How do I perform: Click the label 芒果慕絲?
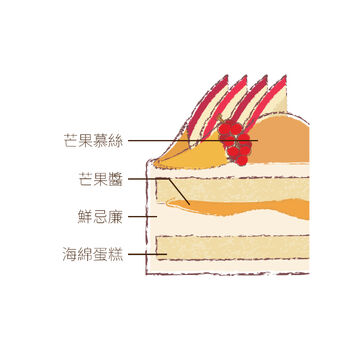point(93,141)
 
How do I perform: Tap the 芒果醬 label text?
point(100,179)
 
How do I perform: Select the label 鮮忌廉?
point(100,217)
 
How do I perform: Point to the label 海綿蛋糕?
point(93,255)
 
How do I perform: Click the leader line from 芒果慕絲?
point(193,141)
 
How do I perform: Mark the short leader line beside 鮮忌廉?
point(143,217)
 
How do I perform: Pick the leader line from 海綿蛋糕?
point(147,254)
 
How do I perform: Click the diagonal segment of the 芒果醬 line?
point(179,192)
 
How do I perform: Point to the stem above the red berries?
point(220,119)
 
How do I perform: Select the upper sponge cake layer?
point(233,190)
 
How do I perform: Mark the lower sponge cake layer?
point(233,248)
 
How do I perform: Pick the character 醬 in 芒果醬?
point(116,179)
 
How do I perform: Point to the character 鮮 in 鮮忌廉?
point(85,217)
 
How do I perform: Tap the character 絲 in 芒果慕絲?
point(116,141)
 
